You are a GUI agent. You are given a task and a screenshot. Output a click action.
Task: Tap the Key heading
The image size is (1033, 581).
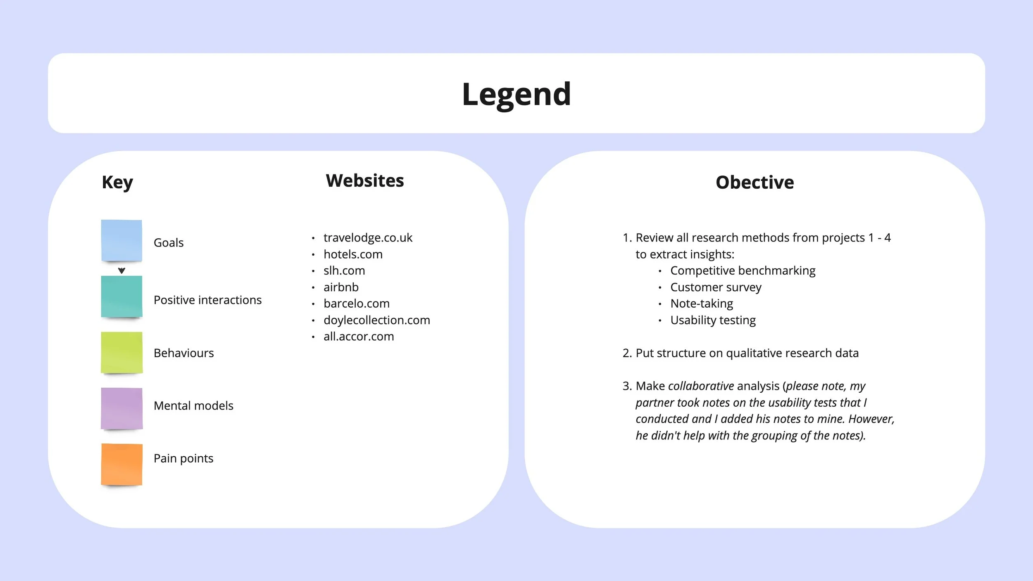(117, 182)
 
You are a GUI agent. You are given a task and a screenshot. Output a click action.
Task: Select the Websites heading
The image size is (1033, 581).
(364, 180)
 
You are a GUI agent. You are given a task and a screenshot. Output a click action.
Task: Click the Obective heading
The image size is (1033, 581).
(755, 182)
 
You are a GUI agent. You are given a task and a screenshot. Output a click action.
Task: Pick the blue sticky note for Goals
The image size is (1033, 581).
(121, 240)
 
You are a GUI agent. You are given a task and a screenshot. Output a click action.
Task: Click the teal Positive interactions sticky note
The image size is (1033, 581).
(121, 296)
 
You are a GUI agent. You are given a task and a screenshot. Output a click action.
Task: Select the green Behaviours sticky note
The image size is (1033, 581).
(121, 353)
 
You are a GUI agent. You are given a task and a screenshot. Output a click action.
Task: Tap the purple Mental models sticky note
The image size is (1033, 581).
(121, 408)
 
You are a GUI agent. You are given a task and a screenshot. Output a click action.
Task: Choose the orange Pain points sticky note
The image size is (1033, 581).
(121, 464)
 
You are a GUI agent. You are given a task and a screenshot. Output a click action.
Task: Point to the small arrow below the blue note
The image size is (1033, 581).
(121, 270)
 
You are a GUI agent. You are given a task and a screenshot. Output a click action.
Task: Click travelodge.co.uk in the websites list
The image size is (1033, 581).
(368, 237)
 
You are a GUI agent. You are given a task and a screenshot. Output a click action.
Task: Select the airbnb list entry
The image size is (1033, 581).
(341, 287)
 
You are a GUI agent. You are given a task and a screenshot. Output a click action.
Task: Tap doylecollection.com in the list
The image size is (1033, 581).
(376, 320)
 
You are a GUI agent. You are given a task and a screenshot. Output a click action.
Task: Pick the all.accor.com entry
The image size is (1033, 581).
(359, 337)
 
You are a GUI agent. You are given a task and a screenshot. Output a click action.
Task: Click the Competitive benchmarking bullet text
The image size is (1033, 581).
(743, 270)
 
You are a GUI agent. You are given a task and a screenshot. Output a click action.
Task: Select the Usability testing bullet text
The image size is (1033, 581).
(713, 320)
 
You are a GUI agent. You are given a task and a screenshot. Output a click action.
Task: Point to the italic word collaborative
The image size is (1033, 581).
(701, 386)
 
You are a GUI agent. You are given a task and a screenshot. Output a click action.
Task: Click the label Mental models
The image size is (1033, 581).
(193, 406)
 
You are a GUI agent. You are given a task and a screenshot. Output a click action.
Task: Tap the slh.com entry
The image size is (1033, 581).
(344, 270)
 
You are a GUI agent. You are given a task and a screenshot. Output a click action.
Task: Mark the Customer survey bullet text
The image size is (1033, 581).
(716, 287)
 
